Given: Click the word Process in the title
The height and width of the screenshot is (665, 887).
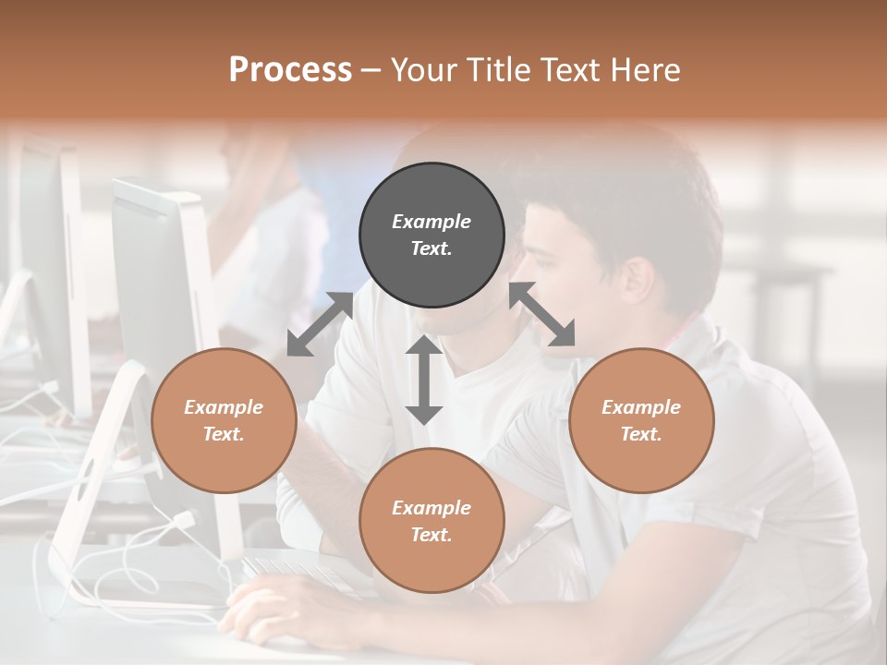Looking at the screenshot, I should point(290,70).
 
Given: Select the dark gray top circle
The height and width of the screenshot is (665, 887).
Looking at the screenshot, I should point(431,235).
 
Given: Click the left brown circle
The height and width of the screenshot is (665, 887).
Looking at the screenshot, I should point(224,420).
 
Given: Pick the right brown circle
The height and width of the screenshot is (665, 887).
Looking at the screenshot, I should point(641,420).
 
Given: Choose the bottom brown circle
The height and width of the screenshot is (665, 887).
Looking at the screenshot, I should point(431,521).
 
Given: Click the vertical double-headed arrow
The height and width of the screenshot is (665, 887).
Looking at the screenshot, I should point(424,380).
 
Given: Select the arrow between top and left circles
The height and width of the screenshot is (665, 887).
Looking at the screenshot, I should point(320,323).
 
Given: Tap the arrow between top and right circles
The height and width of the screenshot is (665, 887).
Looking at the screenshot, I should point(542,314).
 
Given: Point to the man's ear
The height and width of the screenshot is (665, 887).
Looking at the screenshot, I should point(637,281).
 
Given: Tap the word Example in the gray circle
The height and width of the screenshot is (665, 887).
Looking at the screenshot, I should point(431,222).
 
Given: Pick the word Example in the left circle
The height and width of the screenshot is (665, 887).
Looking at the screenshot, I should point(224,407).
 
